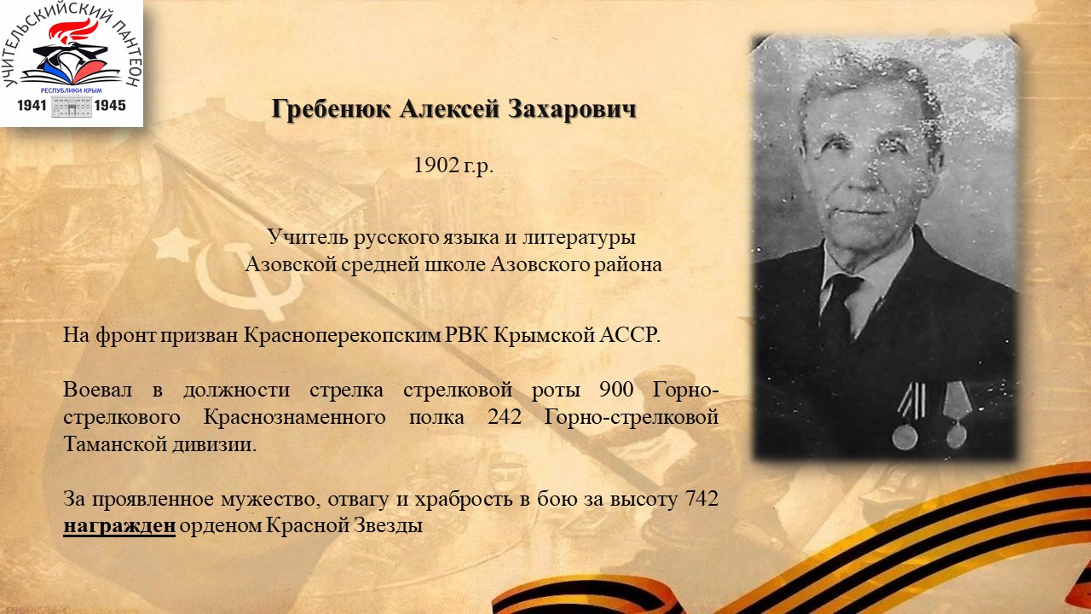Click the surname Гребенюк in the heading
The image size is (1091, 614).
(x=331, y=108)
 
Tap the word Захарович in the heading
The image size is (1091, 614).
(x=572, y=109)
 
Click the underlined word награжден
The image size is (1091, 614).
(x=119, y=526)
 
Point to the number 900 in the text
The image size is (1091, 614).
(x=616, y=390)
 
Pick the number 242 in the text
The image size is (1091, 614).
(x=505, y=417)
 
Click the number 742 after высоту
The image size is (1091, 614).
(x=701, y=499)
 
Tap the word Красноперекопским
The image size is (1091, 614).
(x=342, y=335)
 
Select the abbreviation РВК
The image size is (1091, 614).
(x=467, y=335)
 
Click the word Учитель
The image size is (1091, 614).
(x=309, y=237)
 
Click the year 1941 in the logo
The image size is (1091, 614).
(x=32, y=105)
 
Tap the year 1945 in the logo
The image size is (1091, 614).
(x=110, y=105)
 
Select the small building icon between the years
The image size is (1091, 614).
(x=71, y=107)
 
